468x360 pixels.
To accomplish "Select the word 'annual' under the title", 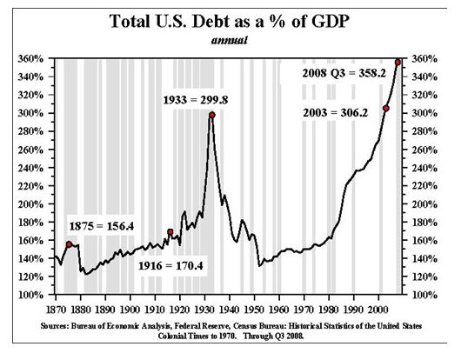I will pos(232,40).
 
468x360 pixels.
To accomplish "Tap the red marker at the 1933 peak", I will pos(211,114).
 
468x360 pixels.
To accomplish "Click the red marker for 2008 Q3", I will pos(398,62).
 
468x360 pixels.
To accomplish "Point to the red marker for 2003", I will pos(385,108).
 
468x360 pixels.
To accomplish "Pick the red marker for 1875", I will pos(69,245).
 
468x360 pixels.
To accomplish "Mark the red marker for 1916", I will pos(170,232).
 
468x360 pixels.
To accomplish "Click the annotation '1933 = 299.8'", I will pos(196,101).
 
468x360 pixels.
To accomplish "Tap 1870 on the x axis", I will pos(56,308).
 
